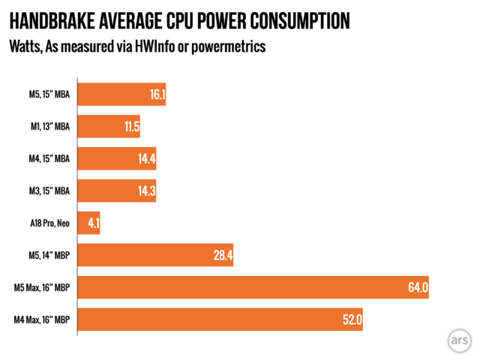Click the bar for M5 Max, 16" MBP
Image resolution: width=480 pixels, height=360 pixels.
pyautogui.click(x=253, y=287)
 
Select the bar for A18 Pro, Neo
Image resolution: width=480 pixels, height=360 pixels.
pyautogui.click(x=88, y=223)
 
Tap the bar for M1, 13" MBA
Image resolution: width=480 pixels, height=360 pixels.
pyautogui.click(x=109, y=127)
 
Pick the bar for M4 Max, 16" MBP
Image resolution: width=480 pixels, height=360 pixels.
pyautogui.click(x=220, y=319)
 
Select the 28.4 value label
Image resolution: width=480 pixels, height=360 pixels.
pyautogui.click(x=223, y=256)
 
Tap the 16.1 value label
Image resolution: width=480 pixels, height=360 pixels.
pyautogui.click(x=157, y=95)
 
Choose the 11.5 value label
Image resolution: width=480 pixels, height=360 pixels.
pyautogui.click(x=131, y=127)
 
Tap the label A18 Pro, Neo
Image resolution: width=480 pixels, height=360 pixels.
pyautogui.click(x=49, y=223)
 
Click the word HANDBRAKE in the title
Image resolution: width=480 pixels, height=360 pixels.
pyautogui.click(x=54, y=21)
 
